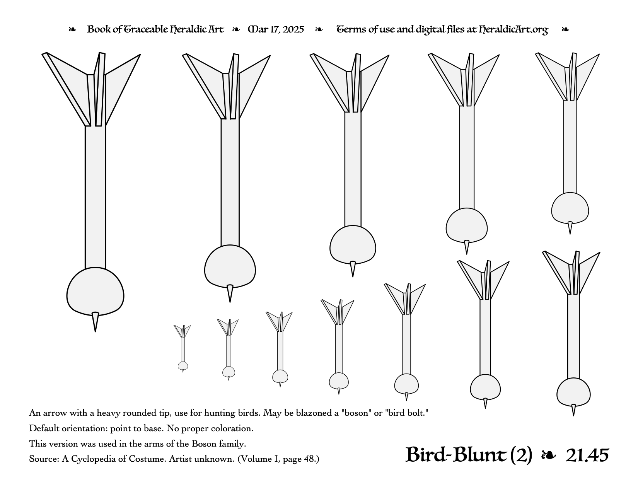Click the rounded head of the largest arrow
pos(95,291)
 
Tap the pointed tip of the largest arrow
pos(95,331)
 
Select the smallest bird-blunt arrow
pos(183,348)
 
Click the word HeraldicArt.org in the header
pos(513,30)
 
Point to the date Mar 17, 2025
pos(276,30)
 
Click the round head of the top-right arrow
pos(570,208)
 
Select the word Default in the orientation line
pos(43,428)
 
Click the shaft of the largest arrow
pos(95,197)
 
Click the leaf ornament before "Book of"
pos(72,30)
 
